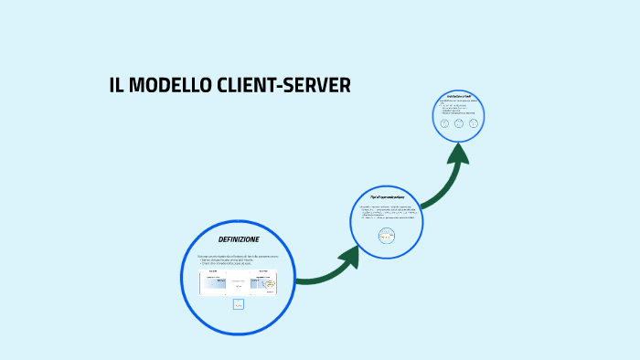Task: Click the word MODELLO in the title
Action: pos(157,86)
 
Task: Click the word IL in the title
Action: pos(116,86)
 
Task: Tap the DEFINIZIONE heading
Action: pos(239,239)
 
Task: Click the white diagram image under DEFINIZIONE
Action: pos(238,282)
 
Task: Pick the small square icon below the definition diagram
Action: pos(239,304)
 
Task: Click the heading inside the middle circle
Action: pos(387,197)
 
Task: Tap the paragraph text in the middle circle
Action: pos(387,214)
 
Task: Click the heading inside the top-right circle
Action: pos(459,96)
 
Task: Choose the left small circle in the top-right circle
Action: pos(444,122)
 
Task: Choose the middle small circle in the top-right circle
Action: pos(459,122)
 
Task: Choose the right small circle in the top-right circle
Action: pos(474,122)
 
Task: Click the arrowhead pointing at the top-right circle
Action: pos(458,154)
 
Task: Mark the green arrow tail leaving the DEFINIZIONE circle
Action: pos(306,278)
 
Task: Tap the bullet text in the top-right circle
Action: pos(457,108)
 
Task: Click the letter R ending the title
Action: pos(343,86)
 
